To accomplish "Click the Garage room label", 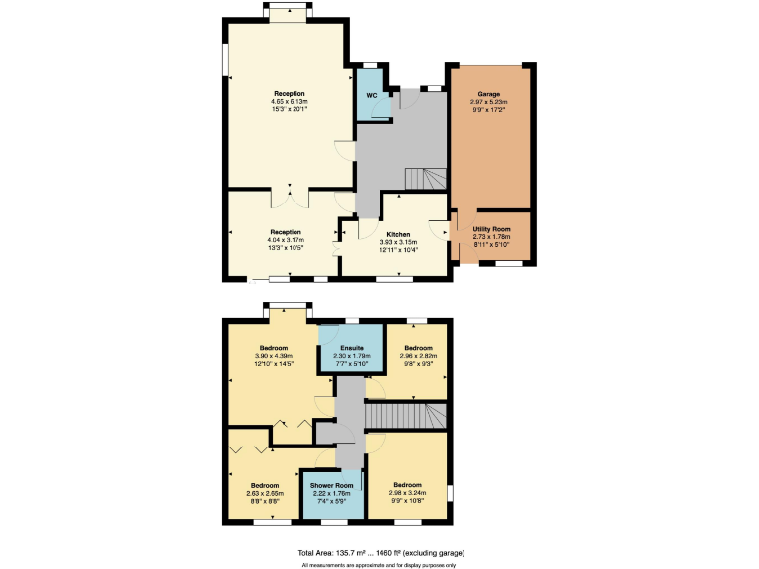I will click(489, 94).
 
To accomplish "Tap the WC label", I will click(372, 96).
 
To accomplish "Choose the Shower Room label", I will click(331, 486).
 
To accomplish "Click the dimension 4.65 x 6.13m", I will click(290, 101).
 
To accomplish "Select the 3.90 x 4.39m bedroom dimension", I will click(274, 356).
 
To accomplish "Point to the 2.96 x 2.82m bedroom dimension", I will click(418, 356).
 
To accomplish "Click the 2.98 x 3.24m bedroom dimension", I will click(408, 493).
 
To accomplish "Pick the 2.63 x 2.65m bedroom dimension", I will click(265, 493).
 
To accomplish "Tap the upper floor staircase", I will click(404, 416).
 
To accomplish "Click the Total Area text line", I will click(380, 552).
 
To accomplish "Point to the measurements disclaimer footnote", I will click(380, 564).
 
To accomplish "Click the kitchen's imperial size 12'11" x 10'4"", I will click(399, 249).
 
